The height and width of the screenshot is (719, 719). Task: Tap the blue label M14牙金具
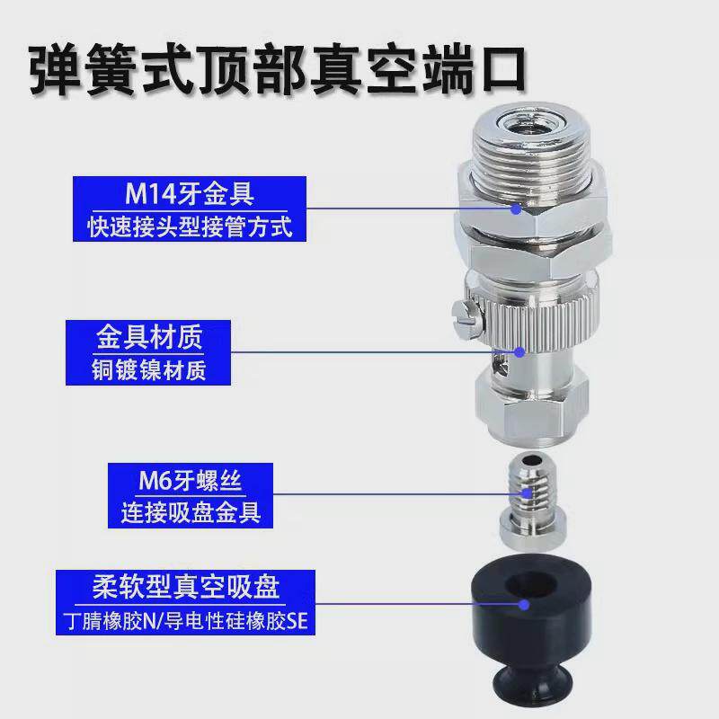click(190, 191)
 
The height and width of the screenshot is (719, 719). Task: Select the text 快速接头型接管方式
click(190, 225)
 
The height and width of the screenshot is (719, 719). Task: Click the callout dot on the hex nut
click(516, 209)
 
